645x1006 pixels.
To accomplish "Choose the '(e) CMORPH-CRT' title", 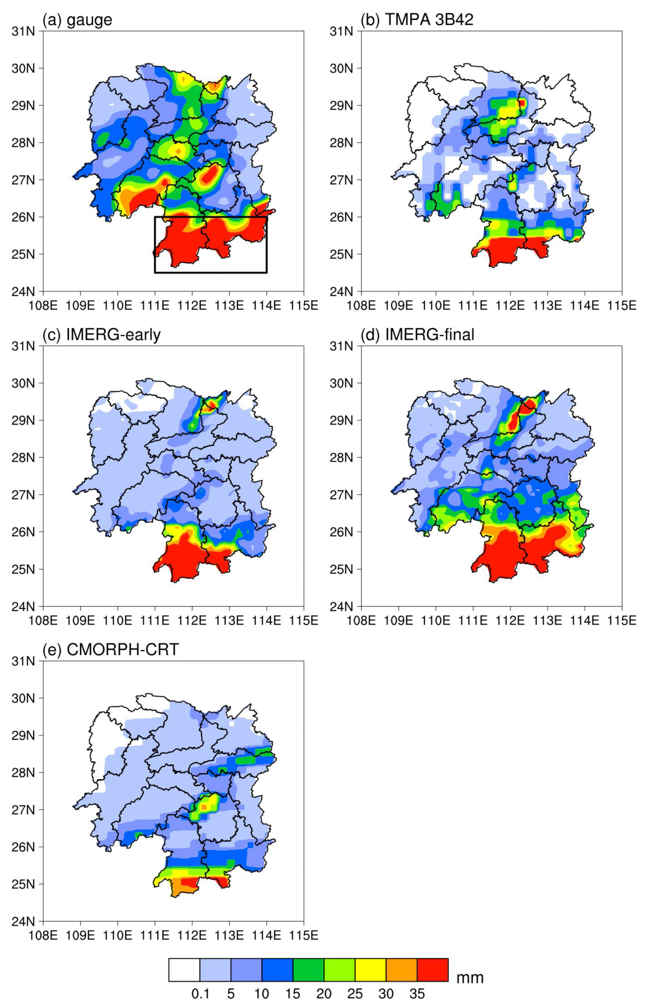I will click(111, 650).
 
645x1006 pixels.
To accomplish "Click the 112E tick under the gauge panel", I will click(192, 306).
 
